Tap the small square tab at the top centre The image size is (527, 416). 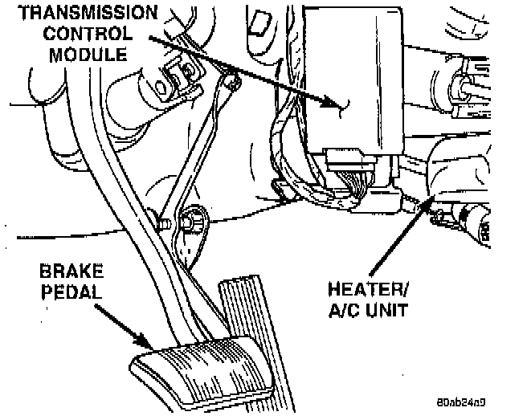[259, 25]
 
